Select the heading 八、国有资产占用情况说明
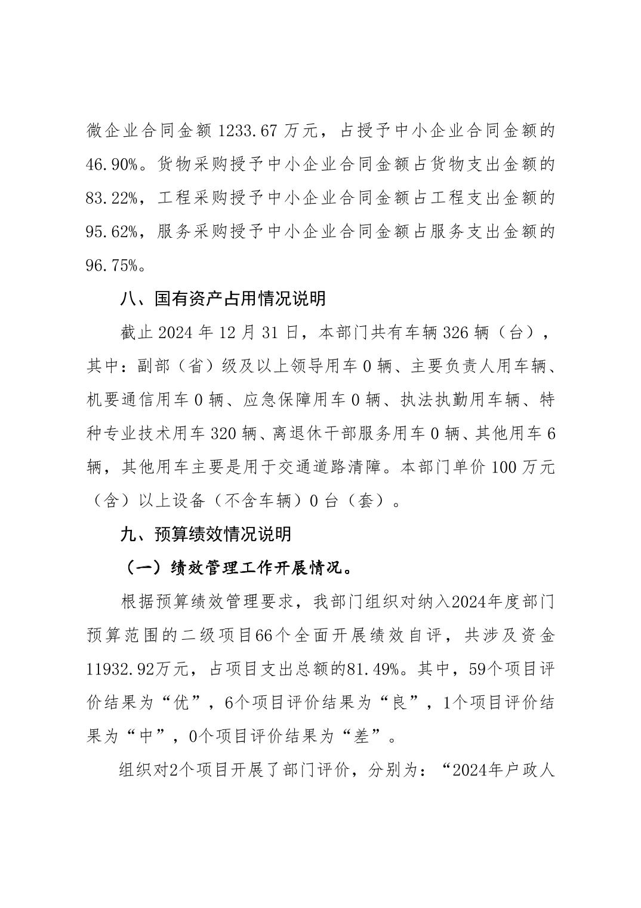(223, 298)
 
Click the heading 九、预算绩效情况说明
(206, 533)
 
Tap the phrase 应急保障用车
(294, 400)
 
